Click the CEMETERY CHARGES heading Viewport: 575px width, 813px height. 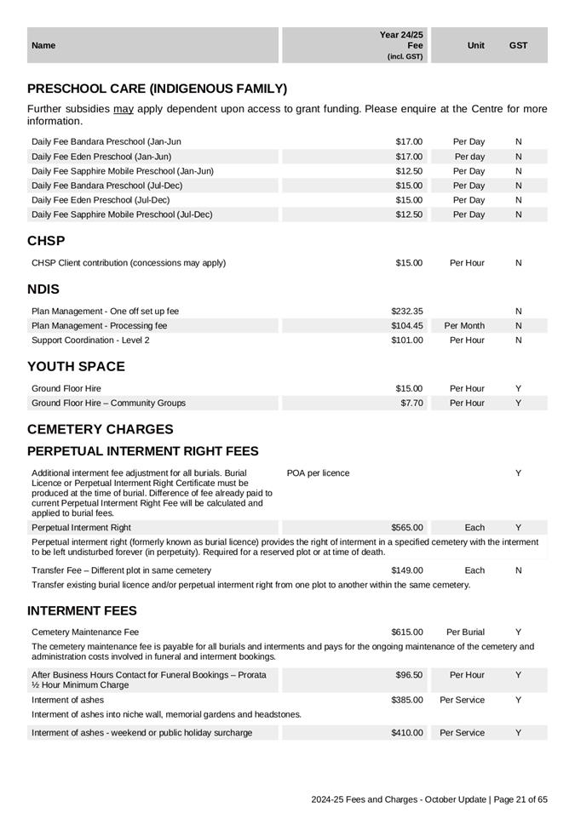click(100, 429)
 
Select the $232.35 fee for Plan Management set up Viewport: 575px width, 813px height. click(406, 312)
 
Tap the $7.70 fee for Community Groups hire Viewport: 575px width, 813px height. click(411, 403)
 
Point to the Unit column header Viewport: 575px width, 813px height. click(476, 45)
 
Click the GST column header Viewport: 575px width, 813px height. click(518, 45)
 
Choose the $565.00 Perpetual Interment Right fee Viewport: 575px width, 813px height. click(406, 528)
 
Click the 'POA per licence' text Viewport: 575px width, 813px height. click(318, 473)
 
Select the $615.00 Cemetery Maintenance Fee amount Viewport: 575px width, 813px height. click(406, 633)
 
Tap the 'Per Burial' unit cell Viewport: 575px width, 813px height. click(465, 633)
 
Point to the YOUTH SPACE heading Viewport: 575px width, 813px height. click(76, 367)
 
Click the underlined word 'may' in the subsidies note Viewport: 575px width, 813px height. click(124, 109)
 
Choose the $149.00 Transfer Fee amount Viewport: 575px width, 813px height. click(406, 570)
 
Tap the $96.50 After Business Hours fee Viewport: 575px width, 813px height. click(409, 675)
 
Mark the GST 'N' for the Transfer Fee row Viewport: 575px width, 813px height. click(518, 570)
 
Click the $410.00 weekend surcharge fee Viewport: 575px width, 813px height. click(406, 733)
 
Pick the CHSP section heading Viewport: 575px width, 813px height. click(46, 241)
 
